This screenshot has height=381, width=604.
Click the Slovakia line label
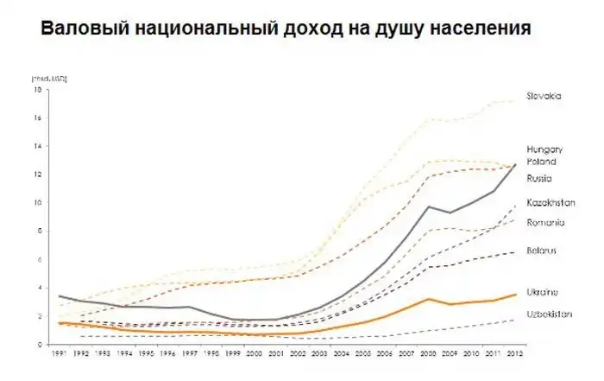(544, 96)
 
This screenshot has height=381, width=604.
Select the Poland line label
(541, 161)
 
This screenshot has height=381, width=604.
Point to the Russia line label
(539, 179)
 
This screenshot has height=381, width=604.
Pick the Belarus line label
(542, 251)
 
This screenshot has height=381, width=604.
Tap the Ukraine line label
(542, 292)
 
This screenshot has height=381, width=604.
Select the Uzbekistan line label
(549, 314)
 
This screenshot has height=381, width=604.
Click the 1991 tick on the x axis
(60, 354)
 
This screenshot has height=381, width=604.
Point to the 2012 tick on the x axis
(515, 354)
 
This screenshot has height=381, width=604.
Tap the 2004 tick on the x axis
(342, 354)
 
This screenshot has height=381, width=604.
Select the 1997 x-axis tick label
(190, 354)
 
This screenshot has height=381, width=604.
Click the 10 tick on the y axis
(37, 203)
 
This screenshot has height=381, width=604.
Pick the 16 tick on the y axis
(37, 118)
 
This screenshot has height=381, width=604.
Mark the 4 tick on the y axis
(38, 288)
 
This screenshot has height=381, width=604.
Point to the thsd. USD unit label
(49, 79)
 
